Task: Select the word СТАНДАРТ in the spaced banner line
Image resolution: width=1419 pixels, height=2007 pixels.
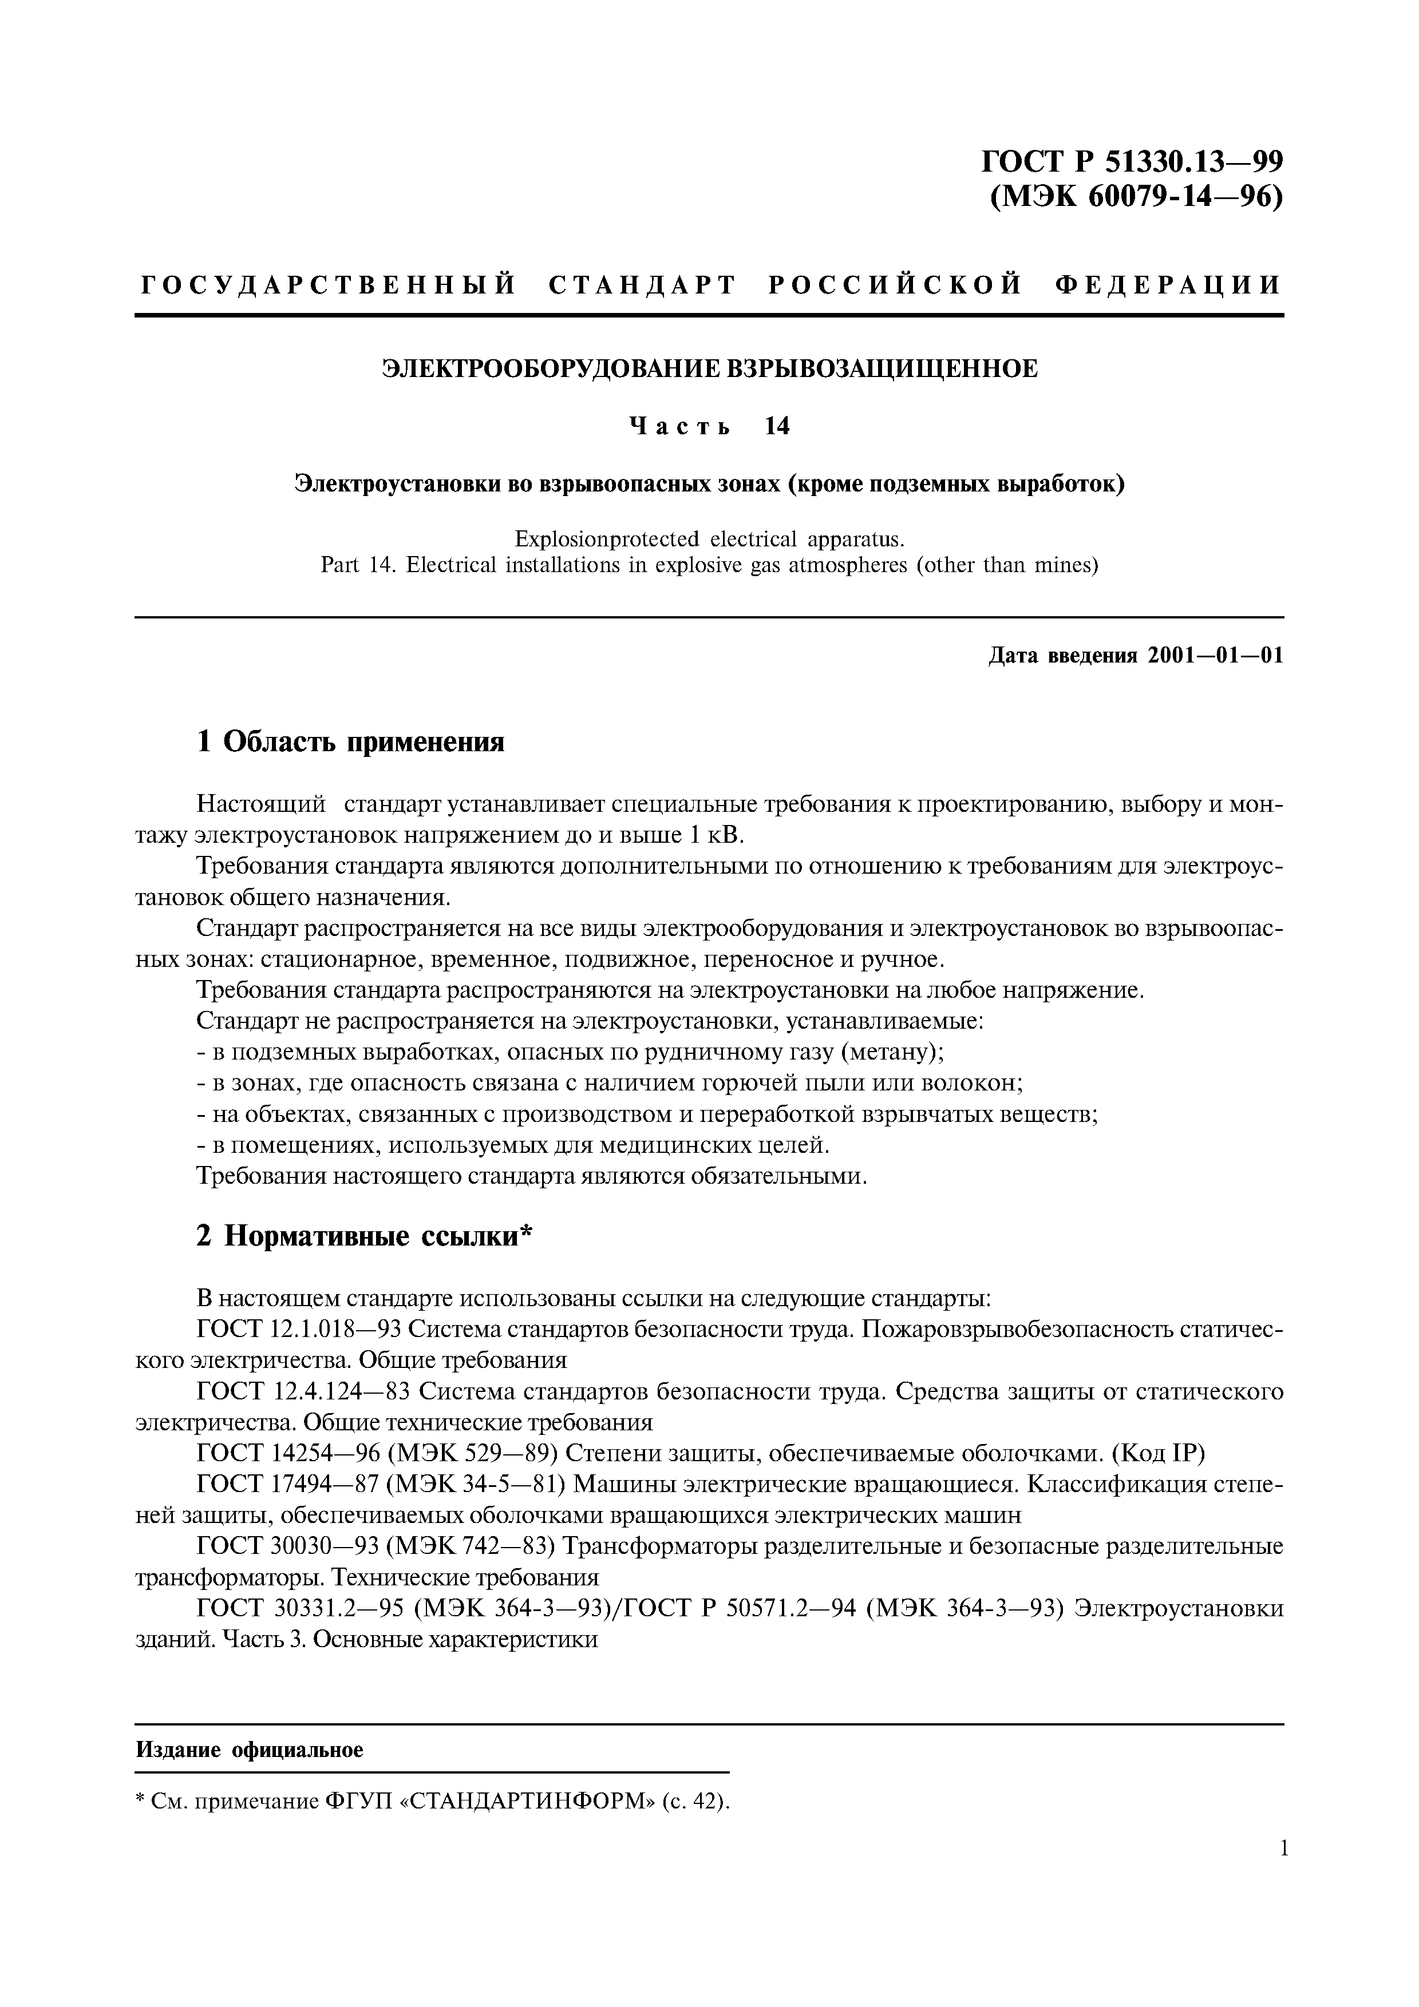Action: click(643, 285)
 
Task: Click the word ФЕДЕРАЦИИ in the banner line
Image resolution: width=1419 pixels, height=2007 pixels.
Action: click(1169, 285)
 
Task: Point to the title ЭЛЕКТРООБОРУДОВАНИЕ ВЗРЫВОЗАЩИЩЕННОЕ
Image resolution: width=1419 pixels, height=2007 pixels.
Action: click(709, 369)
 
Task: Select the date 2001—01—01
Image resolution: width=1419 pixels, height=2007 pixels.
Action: click(1216, 656)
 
